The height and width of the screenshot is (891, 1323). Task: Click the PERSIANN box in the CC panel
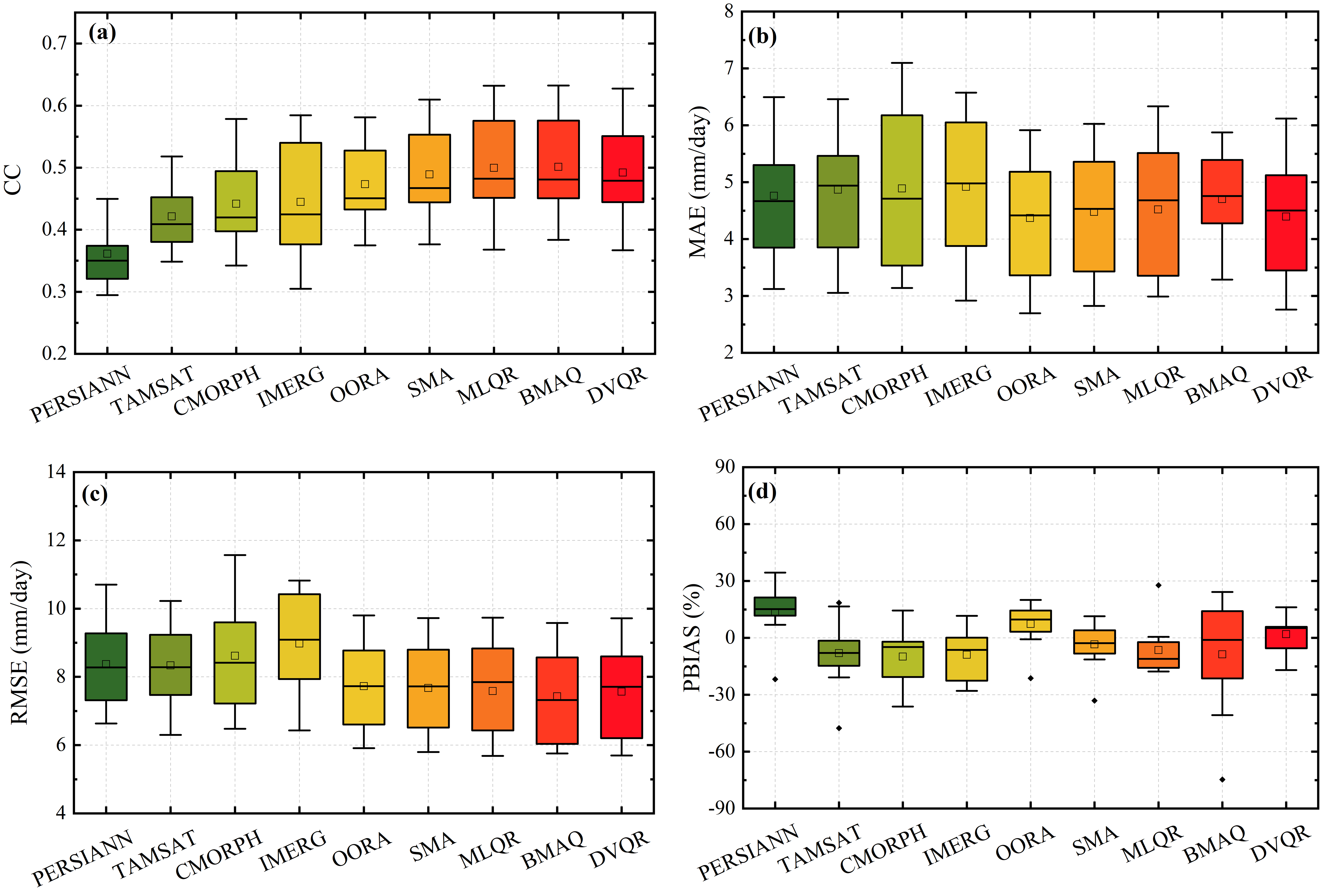point(107,263)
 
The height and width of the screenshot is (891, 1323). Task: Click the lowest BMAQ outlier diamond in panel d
point(1222,780)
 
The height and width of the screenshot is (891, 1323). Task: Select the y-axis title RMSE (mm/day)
point(20,642)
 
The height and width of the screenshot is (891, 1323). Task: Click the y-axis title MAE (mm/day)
point(698,182)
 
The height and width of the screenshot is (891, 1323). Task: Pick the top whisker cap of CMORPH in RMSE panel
point(235,555)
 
